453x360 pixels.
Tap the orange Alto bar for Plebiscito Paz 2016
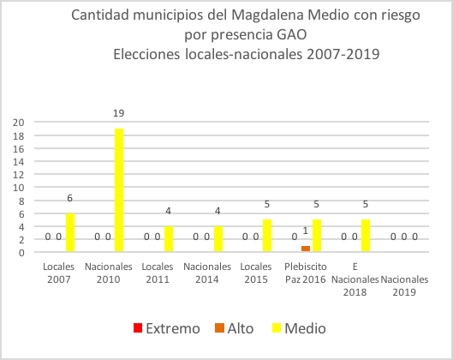click(306, 249)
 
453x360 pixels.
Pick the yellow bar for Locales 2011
click(169, 239)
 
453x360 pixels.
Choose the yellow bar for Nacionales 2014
click(218, 239)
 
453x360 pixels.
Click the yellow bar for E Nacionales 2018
click(367, 236)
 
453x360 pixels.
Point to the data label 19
click(119, 112)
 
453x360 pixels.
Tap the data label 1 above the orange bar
click(306, 230)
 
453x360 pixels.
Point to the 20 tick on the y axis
click(17, 122)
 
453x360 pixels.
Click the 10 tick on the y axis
click(17, 187)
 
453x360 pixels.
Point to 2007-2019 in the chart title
click(337, 53)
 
